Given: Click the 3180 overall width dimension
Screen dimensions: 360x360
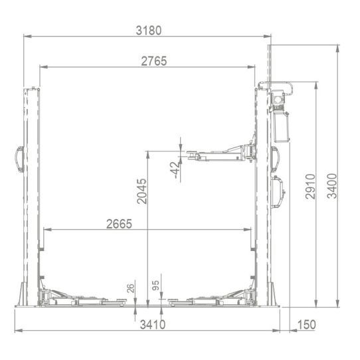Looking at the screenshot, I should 148,30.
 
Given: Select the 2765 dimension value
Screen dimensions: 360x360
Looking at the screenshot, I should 153,60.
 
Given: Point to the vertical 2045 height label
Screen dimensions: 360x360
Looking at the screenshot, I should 141,190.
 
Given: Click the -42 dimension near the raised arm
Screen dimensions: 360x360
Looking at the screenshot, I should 175,169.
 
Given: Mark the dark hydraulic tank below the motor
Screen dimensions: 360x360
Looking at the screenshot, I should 280,126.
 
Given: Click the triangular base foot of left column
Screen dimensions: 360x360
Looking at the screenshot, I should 22,296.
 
